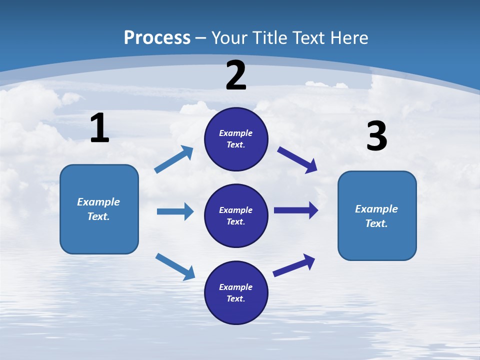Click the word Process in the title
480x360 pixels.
[157, 38]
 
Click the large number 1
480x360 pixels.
[99, 128]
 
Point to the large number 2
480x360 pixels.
[236, 75]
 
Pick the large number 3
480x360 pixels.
[376, 136]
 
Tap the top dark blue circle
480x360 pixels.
[236, 139]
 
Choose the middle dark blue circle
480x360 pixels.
[236, 215]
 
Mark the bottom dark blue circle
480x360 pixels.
[236, 292]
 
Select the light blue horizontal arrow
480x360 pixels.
[175, 211]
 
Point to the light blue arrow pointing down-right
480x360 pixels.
[175, 266]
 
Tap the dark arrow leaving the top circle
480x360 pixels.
[297, 159]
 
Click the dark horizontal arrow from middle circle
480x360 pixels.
[296, 210]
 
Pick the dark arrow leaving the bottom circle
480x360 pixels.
[294, 265]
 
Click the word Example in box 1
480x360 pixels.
[98, 202]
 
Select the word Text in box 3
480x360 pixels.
[376, 223]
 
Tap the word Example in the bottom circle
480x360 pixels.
[235, 287]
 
